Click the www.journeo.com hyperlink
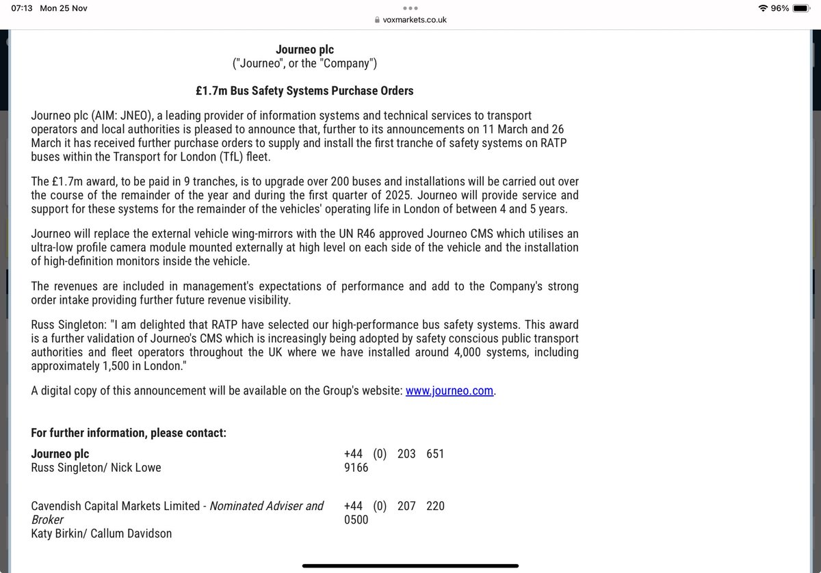click(449, 391)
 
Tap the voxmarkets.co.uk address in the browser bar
click(415, 21)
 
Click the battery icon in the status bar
click(803, 8)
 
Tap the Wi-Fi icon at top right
click(764, 8)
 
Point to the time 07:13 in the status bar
click(22, 8)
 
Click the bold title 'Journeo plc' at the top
click(304, 49)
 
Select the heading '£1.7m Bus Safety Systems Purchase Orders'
click(304, 91)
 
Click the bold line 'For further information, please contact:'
click(129, 434)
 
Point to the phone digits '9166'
click(356, 468)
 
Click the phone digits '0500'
click(356, 520)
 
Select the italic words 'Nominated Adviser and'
click(266, 506)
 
